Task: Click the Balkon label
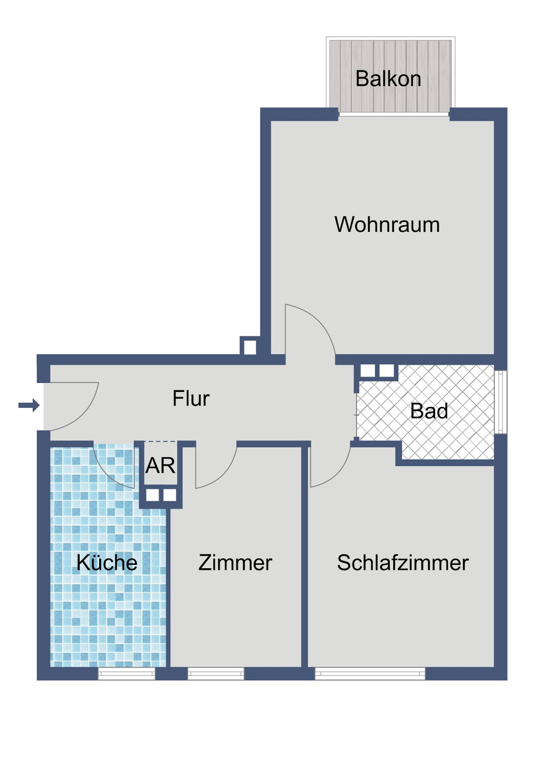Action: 388,79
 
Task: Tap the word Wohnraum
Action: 387,225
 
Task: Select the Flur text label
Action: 191,399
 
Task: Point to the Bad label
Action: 429,411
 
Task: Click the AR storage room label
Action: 160,466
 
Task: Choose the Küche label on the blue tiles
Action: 107,563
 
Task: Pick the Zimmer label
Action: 235,563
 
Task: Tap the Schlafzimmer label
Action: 403,563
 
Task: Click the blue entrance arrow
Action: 29,405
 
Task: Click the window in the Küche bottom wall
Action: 126,674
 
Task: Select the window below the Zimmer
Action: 216,674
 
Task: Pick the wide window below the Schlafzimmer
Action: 370,674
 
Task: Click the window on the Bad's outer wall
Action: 501,402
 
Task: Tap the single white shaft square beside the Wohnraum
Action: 250,347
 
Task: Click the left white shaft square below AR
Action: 153,495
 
